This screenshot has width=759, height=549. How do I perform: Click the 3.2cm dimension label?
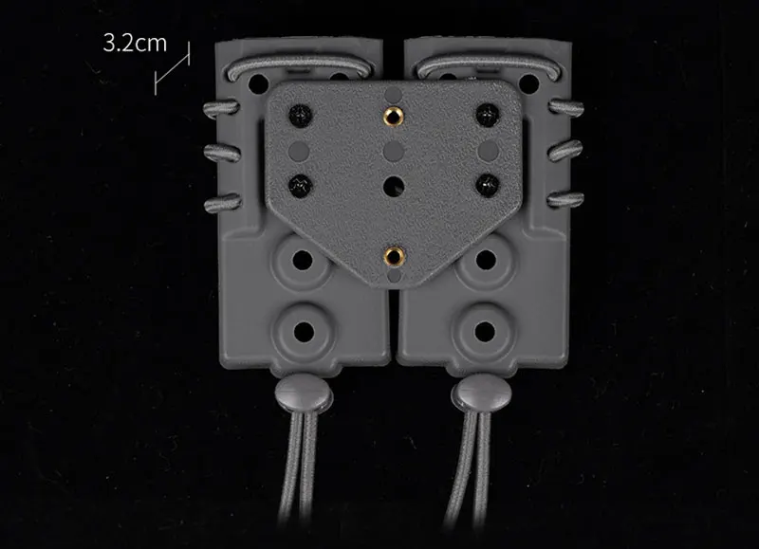tap(135, 43)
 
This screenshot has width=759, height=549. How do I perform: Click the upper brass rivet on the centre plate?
tap(393, 116)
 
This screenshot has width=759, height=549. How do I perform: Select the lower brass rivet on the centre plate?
tap(395, 256)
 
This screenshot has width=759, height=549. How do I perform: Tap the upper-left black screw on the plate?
tap(301, 115)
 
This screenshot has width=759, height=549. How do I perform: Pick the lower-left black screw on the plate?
tap(301, 185)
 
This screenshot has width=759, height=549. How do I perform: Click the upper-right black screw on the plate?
tap(487, 115)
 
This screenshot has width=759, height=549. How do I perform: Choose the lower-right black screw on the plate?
tap(488, 185)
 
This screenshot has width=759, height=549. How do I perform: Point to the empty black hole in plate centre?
tap(394, 186)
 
